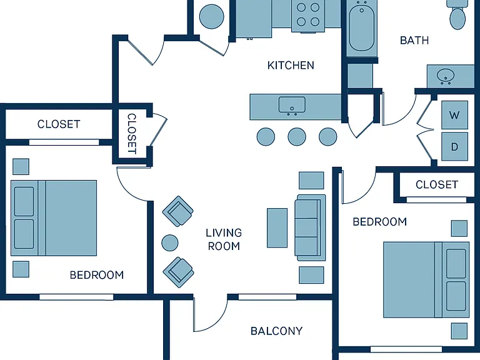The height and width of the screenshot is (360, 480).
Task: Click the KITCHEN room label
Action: tap(291, 65)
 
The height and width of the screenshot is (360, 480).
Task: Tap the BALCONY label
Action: tap(276, 331)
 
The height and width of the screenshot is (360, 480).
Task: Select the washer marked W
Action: tap(454, 115)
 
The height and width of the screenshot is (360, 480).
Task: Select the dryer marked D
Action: tap(454, 147)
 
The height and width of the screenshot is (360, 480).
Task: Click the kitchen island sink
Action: tap(292, 105)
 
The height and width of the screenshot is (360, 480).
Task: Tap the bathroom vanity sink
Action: tap(446, 75)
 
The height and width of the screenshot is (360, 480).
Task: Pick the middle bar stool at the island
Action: tap(297, 136)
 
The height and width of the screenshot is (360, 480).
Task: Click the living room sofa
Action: tap(310, 227)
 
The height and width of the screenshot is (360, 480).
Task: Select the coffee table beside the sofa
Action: tap(277, 227)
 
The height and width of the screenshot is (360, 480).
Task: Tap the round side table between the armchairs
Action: tap(169, 242)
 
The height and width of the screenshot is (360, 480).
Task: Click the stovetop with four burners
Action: tap(308, 15)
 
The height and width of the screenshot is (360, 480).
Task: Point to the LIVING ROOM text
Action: tap(224, 239)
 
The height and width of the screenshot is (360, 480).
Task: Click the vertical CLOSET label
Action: tap(132, 134)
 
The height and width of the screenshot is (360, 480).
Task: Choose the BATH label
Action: tap(414, 41)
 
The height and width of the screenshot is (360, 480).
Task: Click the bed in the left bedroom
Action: tap(54, 218)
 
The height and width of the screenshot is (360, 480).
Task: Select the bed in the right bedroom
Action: tap(426, 280)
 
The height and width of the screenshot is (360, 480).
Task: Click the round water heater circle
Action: tap(211, 16)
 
